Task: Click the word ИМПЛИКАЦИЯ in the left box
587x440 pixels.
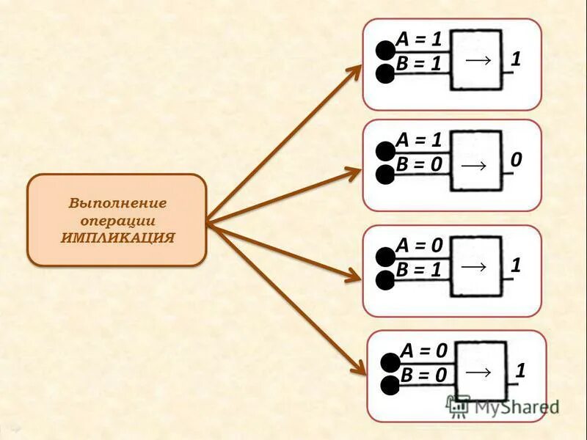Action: (117, 238)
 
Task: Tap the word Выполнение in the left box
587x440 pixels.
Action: (117, 203)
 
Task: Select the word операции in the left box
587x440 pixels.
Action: (117, 220)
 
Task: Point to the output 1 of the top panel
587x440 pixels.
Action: (516, 59)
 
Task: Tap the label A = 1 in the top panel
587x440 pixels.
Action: (418, 39)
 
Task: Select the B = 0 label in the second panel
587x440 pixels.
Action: (418, 164)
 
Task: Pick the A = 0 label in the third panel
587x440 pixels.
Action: (418, 245)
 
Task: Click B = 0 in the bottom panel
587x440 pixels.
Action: (423, 375)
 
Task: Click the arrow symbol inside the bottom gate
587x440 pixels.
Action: (478, 373)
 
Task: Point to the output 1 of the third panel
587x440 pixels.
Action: (516, 265)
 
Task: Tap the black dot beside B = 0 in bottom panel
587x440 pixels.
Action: (390, 386)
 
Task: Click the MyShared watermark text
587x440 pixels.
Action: (514, 406)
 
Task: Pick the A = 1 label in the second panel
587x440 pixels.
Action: (418, 139)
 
